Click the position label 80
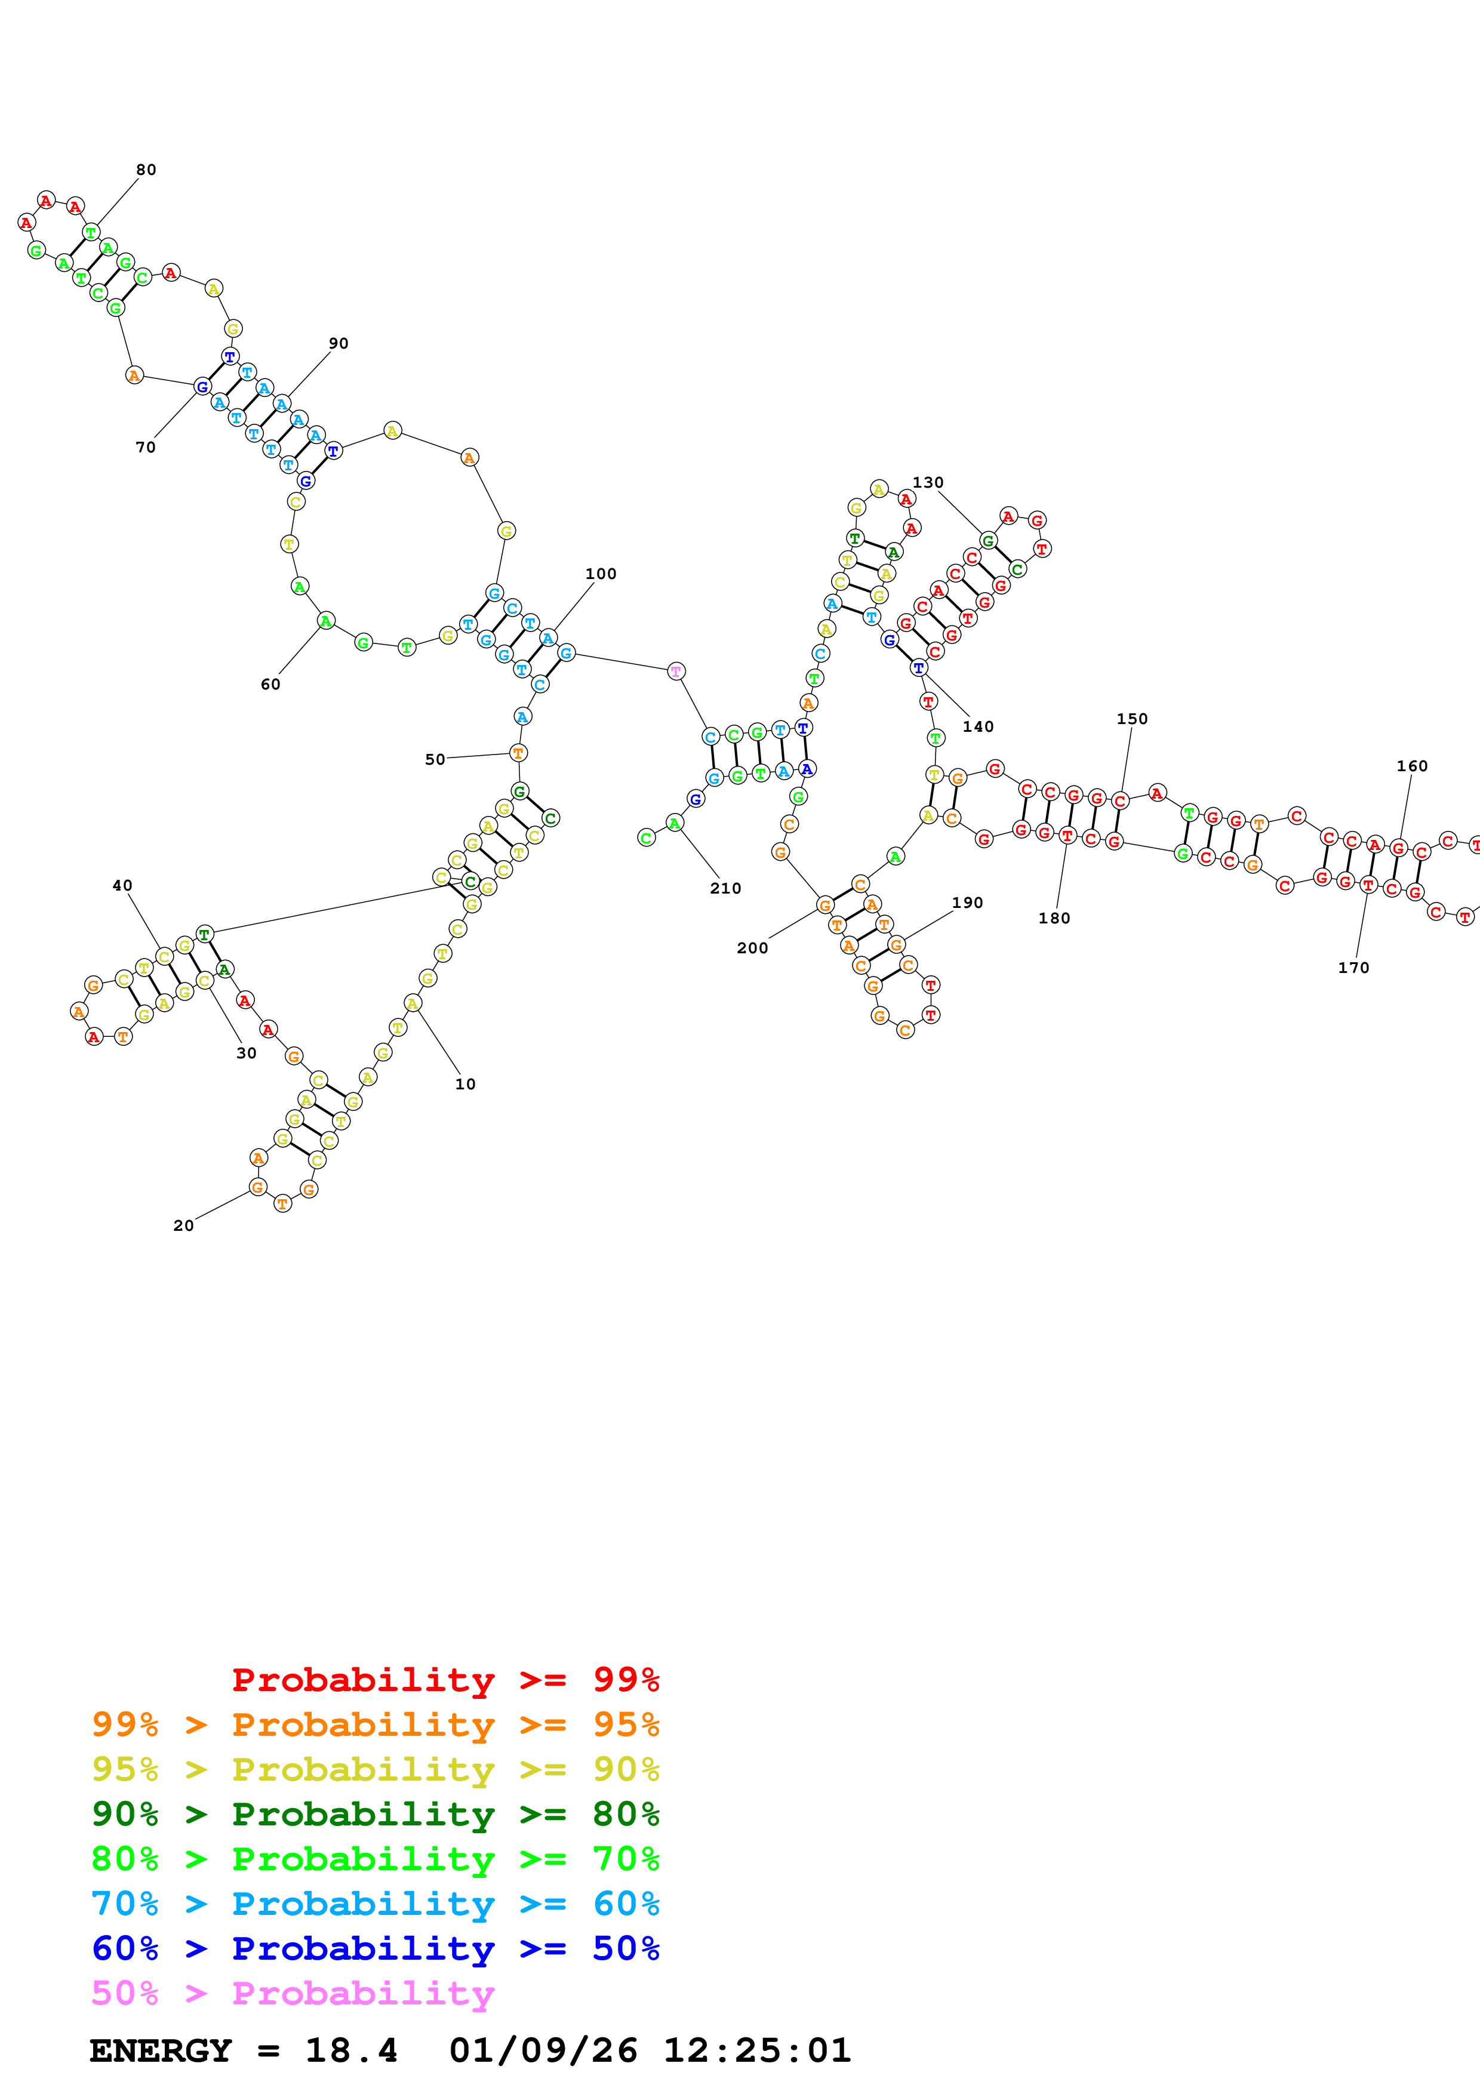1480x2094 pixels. click(x=146, y=170)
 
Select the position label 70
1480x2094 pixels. click(x=146, y=447)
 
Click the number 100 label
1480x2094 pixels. click(x=601, y=574)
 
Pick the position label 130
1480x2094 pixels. click(x=928, y=482)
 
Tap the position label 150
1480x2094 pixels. click(x=1133, y=719)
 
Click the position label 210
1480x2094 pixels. click(x=726, y=888)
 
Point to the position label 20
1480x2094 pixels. click(x=183, y=1225)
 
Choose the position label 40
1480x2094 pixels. click(x=122, y=886)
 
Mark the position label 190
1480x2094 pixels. click(x=968, y=903)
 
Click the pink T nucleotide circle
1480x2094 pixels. click(x=676, y=672)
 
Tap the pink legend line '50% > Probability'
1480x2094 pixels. click(x=293, y=1993)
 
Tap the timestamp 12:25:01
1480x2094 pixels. click(x=757, y=2050)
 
